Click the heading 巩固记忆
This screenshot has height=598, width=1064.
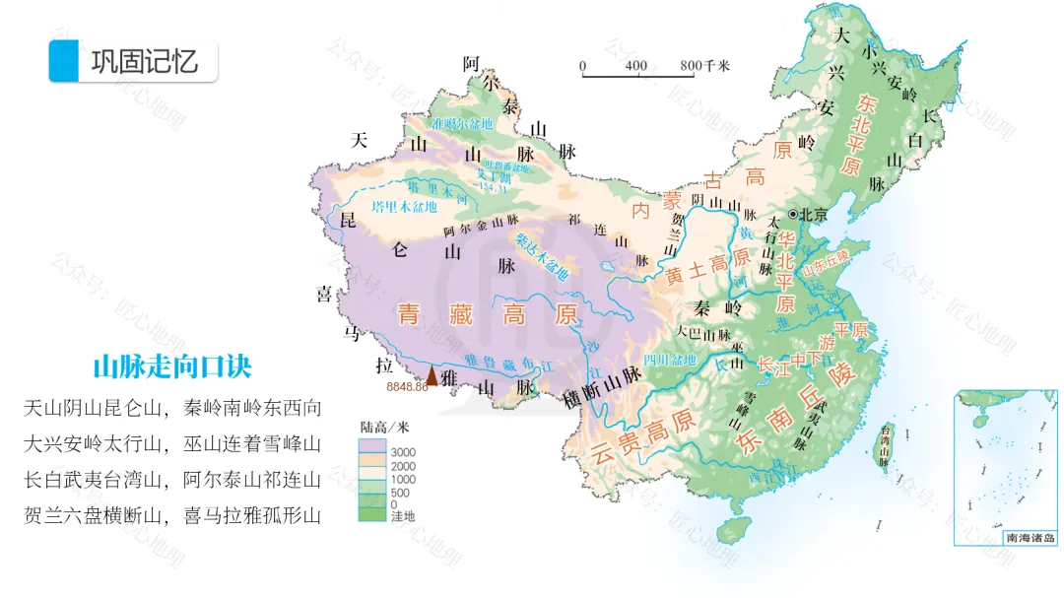click(145, 61)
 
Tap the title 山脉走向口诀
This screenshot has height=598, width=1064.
click(172, 367)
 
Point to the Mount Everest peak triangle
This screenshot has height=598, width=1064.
click(431, 374)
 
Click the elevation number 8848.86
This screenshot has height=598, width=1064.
click(407, 387)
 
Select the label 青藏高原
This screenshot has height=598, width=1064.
click(486, 315)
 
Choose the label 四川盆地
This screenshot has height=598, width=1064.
click(670, 358)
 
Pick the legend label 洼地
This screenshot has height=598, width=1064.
click(403, 517)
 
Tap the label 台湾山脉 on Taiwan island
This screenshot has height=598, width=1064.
click(885, 444)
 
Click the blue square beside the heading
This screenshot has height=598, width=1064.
click(62, 61)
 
